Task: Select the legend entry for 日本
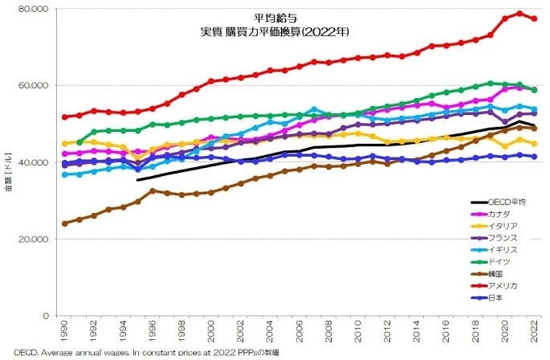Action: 494,297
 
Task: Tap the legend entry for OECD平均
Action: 502,202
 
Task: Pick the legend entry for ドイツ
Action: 494,261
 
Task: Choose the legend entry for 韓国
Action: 491,273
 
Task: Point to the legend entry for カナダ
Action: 494,214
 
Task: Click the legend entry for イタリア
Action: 496,226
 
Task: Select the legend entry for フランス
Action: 496,238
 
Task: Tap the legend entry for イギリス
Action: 496,249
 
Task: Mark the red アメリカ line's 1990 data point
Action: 64,117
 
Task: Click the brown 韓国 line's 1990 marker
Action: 64,223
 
